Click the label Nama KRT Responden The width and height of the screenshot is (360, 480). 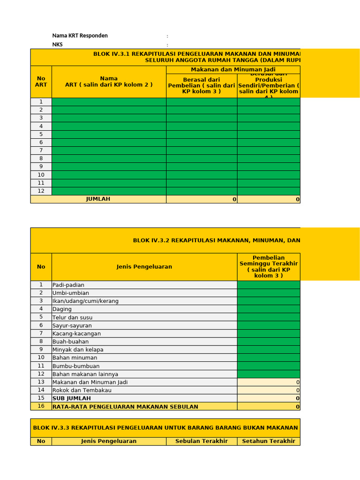(80, 36)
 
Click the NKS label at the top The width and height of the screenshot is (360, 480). (57, 45)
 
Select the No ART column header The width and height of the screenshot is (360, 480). (41, 82)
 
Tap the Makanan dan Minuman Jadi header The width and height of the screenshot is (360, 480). (233, 69)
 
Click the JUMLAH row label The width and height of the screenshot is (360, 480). (98, 199)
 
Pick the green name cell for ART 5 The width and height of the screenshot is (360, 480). (109, 134)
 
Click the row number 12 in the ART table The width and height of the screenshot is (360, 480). (41, 191)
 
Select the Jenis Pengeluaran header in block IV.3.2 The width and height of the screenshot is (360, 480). (144, 267)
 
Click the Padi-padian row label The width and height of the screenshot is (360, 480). (68, 285)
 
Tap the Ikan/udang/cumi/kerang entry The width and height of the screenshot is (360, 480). (85, 301)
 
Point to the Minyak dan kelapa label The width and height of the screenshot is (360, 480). (78, 350)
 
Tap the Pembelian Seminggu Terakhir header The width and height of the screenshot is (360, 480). (269, 267)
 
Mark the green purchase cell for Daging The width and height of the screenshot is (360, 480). (269, 309)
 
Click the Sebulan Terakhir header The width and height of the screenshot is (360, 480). (202, 441)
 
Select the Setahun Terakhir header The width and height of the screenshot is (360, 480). (269, 441)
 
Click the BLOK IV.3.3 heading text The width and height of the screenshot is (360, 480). (165, 427)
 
